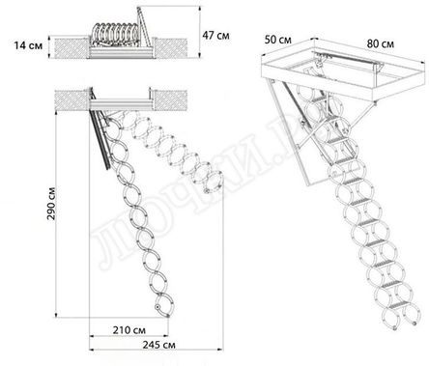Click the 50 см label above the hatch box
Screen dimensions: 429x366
pos(281,42)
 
